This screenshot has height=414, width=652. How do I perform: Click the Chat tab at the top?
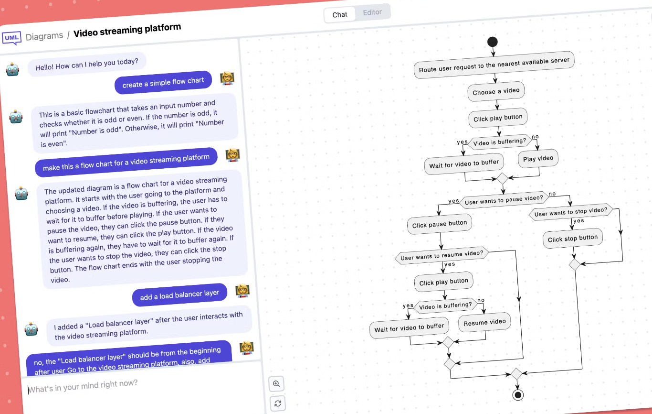coord(340,14)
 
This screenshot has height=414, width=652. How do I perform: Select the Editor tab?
coord(372,12)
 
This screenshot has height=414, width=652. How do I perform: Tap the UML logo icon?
coord(11,38)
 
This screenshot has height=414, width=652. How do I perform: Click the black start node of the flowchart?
coord(493,42)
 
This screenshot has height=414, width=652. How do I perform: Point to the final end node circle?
coord(517,394)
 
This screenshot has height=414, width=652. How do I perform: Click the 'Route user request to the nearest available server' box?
coord(494,65)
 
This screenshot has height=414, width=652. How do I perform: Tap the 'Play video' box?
coord(538,158)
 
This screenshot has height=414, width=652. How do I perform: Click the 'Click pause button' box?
coord(440,224)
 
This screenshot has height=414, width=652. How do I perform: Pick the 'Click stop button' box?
coord(573,239)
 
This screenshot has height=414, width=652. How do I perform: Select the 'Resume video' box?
coord(484,322)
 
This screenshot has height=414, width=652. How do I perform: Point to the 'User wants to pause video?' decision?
coord(504,200)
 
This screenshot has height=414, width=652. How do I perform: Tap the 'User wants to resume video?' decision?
coord(442,256)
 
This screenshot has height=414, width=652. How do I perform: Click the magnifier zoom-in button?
coord(276,384)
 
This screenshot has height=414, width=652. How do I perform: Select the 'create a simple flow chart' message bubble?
coord(163,83)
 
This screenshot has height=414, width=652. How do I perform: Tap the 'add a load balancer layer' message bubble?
coord(179,295)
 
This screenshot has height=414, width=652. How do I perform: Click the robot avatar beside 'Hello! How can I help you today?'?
coord(13,69)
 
